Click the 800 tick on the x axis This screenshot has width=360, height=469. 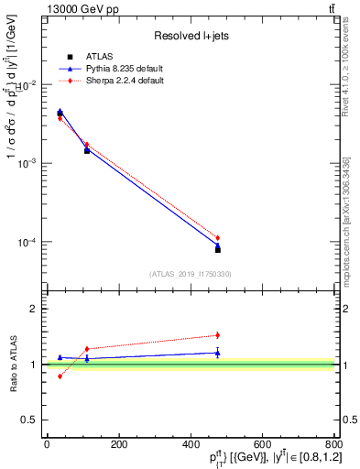[333, 444]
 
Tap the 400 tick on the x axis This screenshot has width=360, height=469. [191, 444]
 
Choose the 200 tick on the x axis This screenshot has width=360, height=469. [118, 444]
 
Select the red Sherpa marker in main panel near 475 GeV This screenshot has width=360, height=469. [217, 238]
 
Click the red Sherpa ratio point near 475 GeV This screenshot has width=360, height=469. [217, 335]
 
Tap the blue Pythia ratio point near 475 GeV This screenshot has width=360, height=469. [217, 353]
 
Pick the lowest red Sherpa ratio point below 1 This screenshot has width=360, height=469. [60, 376]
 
